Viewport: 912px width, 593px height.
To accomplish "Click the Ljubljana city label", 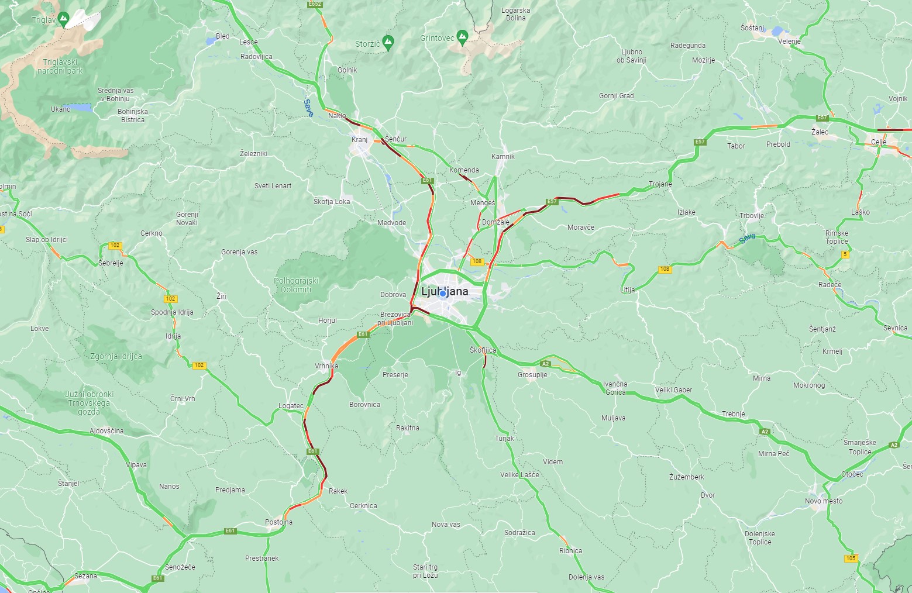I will (x=445, y=291).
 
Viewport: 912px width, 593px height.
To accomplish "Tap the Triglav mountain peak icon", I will (x=63, y=18).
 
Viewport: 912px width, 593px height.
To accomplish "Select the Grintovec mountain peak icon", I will (x=462, y=36).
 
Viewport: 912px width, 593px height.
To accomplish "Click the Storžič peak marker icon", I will (x=388, y=42).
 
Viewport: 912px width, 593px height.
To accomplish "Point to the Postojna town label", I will (x=279, y=522).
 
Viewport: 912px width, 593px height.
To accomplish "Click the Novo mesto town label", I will (x=824, y=501).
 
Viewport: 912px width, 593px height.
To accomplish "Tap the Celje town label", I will (x=879, y=142).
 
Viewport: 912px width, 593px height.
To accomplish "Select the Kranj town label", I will (x=359, y=140).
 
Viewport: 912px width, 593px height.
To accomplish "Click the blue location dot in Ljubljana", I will (x=443, y=293).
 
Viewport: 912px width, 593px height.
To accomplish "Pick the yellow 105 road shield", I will (x=851, y=558).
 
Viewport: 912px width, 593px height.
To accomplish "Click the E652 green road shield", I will (x=315, y=4).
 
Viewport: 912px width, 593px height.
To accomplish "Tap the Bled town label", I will (x=222, y=36).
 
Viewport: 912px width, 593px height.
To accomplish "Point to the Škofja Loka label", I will (x=332, y=201).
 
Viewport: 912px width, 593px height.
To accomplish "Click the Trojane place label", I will (x=660, y=184).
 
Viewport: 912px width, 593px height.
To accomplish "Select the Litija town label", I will (x=628, y=289).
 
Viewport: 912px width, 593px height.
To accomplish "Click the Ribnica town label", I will (x=570, y=550).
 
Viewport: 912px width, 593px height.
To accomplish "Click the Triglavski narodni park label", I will (x=60, y=66).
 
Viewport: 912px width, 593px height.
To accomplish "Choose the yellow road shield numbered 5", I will (x=845, y=254).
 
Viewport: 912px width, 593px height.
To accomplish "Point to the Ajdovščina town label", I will (x=106, y=430).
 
